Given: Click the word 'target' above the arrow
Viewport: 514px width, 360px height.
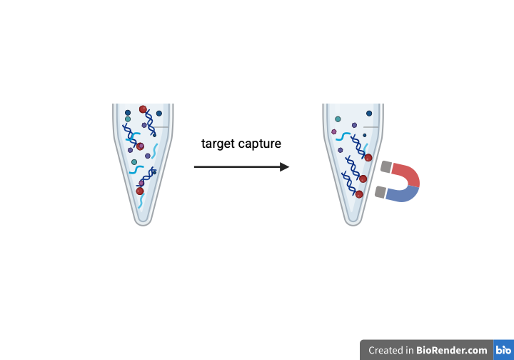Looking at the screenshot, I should point(218,144).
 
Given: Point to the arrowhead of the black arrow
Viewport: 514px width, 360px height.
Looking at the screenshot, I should point(285,167).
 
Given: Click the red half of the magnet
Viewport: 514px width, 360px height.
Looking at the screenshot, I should point(405,174).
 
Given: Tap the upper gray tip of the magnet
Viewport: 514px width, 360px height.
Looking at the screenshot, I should point(386,167).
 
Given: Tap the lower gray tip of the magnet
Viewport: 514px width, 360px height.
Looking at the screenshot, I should point(381,191).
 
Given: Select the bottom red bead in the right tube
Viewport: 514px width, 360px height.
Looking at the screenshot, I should point(359,194).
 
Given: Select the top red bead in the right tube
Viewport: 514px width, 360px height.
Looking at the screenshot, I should point(368,157).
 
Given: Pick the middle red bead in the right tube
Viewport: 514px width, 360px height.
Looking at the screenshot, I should point(363,179).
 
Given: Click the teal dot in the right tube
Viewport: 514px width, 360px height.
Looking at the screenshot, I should point(338,119).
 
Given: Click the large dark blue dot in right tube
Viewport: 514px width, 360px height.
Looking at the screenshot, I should point(369,113).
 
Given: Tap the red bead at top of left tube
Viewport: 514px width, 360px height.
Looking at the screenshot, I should point(143,109).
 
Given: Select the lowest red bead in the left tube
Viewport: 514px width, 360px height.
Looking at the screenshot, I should point(140,191).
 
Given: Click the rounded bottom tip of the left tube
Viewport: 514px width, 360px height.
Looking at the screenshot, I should point(143,221).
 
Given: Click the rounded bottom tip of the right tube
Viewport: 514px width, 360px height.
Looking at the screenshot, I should point(354,221).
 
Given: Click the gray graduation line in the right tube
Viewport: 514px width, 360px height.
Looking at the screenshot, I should point(372,127).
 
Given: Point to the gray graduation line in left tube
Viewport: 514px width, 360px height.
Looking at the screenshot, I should point(162,127).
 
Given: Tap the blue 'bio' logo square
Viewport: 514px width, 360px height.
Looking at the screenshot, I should point(503,350).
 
